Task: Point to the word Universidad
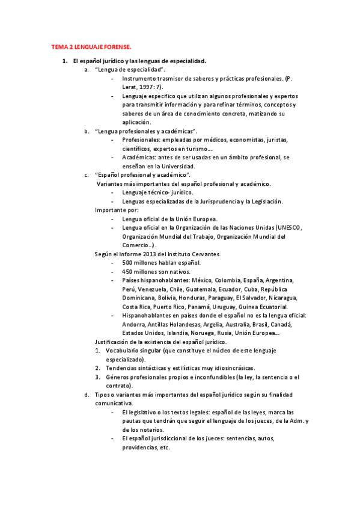point(178,166)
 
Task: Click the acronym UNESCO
point(292,228)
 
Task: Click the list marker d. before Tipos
point(87,395)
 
